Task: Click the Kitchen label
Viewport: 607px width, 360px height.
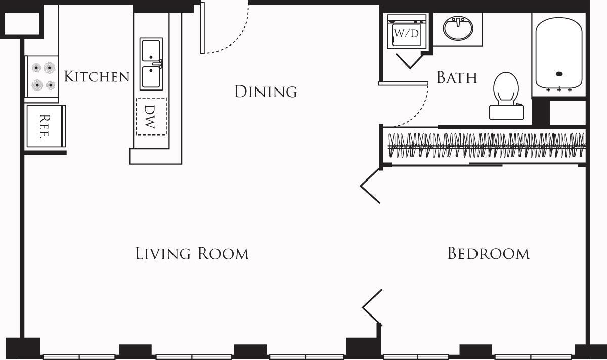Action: (97, 77)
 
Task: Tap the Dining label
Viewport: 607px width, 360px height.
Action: (266, 92)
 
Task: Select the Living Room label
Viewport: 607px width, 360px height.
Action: (192, 253)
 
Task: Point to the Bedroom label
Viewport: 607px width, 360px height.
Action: (488, 253)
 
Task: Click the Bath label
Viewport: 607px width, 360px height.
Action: (457, 78)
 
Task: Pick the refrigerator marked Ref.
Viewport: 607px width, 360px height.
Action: (45, 125)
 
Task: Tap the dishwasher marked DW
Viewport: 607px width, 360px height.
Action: (151, 116)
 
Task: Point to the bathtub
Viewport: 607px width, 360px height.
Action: (558, 53)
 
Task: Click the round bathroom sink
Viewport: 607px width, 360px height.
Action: (458, 28)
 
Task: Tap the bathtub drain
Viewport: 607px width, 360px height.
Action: (559, 74)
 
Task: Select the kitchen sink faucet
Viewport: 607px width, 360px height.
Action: (160, 64)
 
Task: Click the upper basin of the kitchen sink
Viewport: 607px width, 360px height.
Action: (151, 51)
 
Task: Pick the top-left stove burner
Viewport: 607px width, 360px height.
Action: (36, 67)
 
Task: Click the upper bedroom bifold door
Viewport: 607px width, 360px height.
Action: (371, 186)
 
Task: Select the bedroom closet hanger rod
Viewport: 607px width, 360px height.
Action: (486, 147)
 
